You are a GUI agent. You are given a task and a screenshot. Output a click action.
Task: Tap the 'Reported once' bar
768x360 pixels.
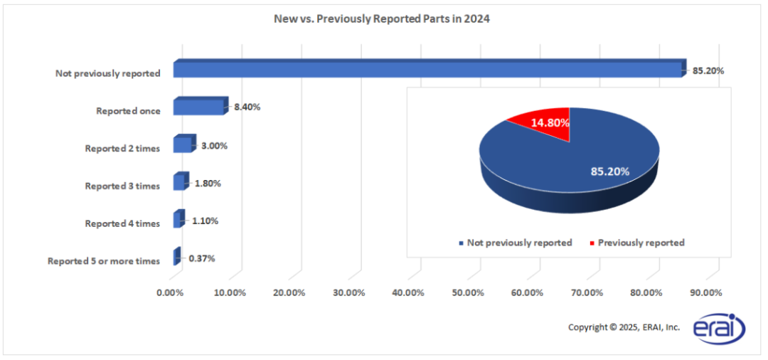[201, 105]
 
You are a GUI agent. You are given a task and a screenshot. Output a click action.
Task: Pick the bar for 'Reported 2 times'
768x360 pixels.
[185, 143]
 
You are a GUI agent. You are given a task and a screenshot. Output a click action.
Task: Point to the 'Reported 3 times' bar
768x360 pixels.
[181, 181]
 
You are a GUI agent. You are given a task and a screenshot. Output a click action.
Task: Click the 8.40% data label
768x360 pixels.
[247, 107]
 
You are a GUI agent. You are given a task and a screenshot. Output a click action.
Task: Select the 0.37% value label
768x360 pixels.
[201, 258]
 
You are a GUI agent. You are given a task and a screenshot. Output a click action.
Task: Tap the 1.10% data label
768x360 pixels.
[205, 221]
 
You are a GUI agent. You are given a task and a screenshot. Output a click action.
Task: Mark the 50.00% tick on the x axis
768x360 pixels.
[468, 292]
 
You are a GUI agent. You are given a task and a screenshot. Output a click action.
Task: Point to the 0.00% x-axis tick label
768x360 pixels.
[169, 292]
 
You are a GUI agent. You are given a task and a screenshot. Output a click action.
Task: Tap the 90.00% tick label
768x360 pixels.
[706, 292]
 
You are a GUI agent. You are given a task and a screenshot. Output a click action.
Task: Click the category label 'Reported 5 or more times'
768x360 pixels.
[104, 261]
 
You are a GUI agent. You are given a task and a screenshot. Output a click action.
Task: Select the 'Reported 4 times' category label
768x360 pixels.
[122, 223]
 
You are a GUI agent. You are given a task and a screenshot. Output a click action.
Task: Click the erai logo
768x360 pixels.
[719, 326]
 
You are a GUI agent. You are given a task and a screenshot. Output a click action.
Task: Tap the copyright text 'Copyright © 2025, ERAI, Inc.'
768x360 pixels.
[624, 327]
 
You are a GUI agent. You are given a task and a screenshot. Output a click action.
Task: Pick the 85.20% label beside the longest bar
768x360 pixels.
[708, 70]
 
